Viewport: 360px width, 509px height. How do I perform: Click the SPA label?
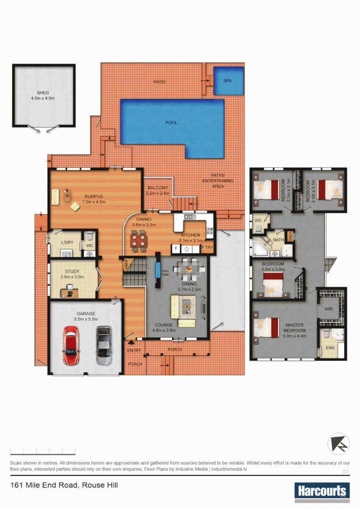click(x=228, y=81)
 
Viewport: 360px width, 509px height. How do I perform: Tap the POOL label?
click(x=172, y=123)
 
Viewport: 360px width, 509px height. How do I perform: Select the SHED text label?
click(x=43, y=93)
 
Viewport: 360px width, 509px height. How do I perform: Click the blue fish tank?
click(x=158, y=271)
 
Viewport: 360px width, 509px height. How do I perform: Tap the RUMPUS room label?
click(x=94, y=196)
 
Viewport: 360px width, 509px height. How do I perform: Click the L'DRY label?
click(x=68, y=242)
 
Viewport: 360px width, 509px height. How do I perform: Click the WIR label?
click(x=328, y=309)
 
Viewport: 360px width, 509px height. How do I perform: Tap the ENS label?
click(x=330, y=348)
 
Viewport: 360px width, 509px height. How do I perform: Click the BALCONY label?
click(x=157, y=188)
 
